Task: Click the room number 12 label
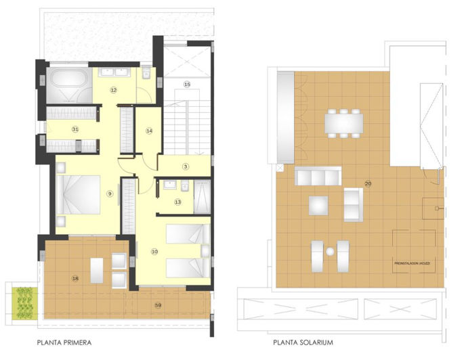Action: tap(114, 89)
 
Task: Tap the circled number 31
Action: tap(75, 129)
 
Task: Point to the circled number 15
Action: tap(187, 84)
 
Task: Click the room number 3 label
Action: tap(185, 166)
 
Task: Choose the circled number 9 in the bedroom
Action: tap(109, 194)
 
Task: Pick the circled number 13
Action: tap(178, 202)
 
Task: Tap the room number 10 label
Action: tap(154, 252)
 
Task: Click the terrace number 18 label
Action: tap(75, 278)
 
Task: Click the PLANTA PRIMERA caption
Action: tap(64, 342)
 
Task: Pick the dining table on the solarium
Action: tap(343, 122)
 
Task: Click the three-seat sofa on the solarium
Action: tap(318, 177)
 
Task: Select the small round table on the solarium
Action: tap(331, 252)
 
